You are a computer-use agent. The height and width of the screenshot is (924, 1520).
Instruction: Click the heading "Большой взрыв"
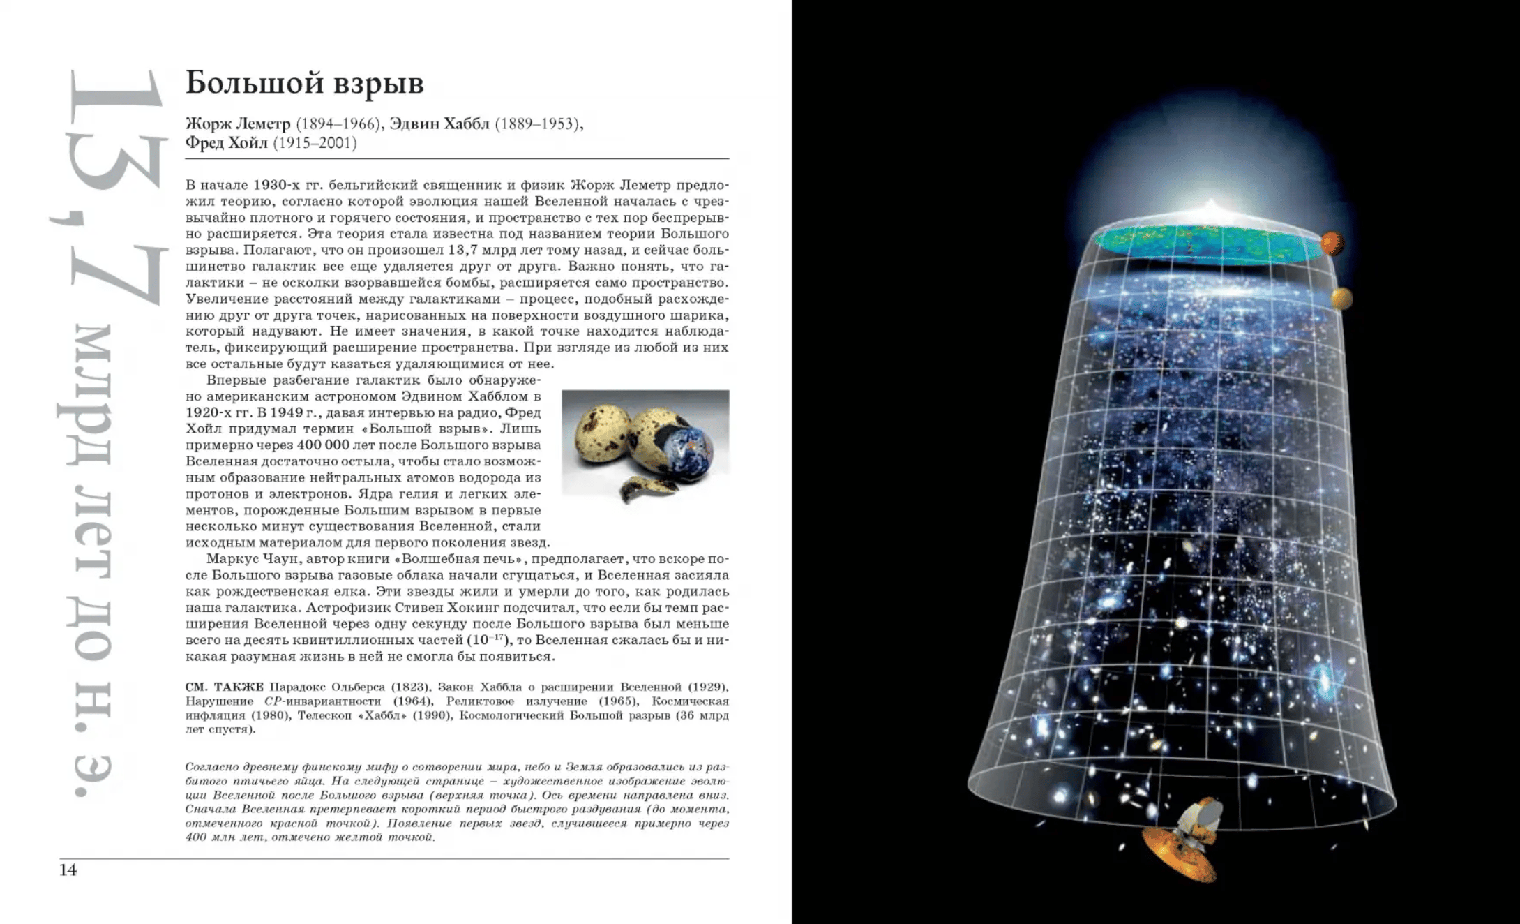click(x=304, y=84)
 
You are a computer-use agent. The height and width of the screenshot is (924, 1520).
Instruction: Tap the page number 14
click(x=68, y=870)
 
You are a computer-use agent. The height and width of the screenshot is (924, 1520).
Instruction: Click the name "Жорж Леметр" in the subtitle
click(x=238, y=124)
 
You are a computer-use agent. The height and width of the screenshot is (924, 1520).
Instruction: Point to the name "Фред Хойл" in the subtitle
click(x=226, y=143)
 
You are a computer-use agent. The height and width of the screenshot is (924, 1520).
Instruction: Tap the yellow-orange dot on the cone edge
click(x=1341, y=299)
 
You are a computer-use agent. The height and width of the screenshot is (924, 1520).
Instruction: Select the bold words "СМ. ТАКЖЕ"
click(x=225, y=687)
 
